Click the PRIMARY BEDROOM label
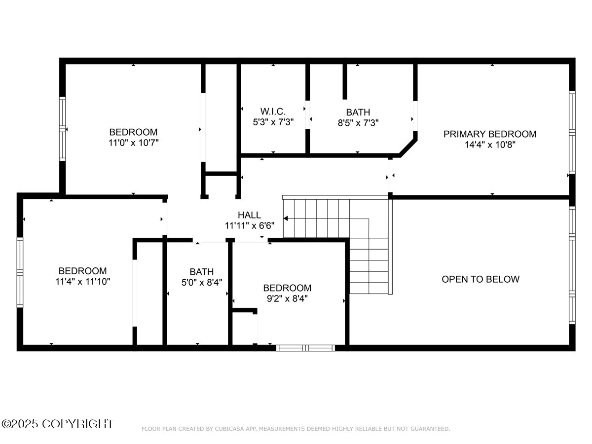489,134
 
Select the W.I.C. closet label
273,111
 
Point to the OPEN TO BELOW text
480,279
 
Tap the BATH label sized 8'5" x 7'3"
358,112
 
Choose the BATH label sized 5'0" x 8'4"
202,271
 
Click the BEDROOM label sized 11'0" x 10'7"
133,132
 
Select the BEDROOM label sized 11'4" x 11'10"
82,271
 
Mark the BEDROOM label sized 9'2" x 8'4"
287,288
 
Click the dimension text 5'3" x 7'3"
273,122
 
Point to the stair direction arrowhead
286,218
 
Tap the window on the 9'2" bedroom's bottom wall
305,348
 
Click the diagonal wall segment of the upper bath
408,148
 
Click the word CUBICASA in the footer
227,429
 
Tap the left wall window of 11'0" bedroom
63,128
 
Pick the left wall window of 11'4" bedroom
20,272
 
